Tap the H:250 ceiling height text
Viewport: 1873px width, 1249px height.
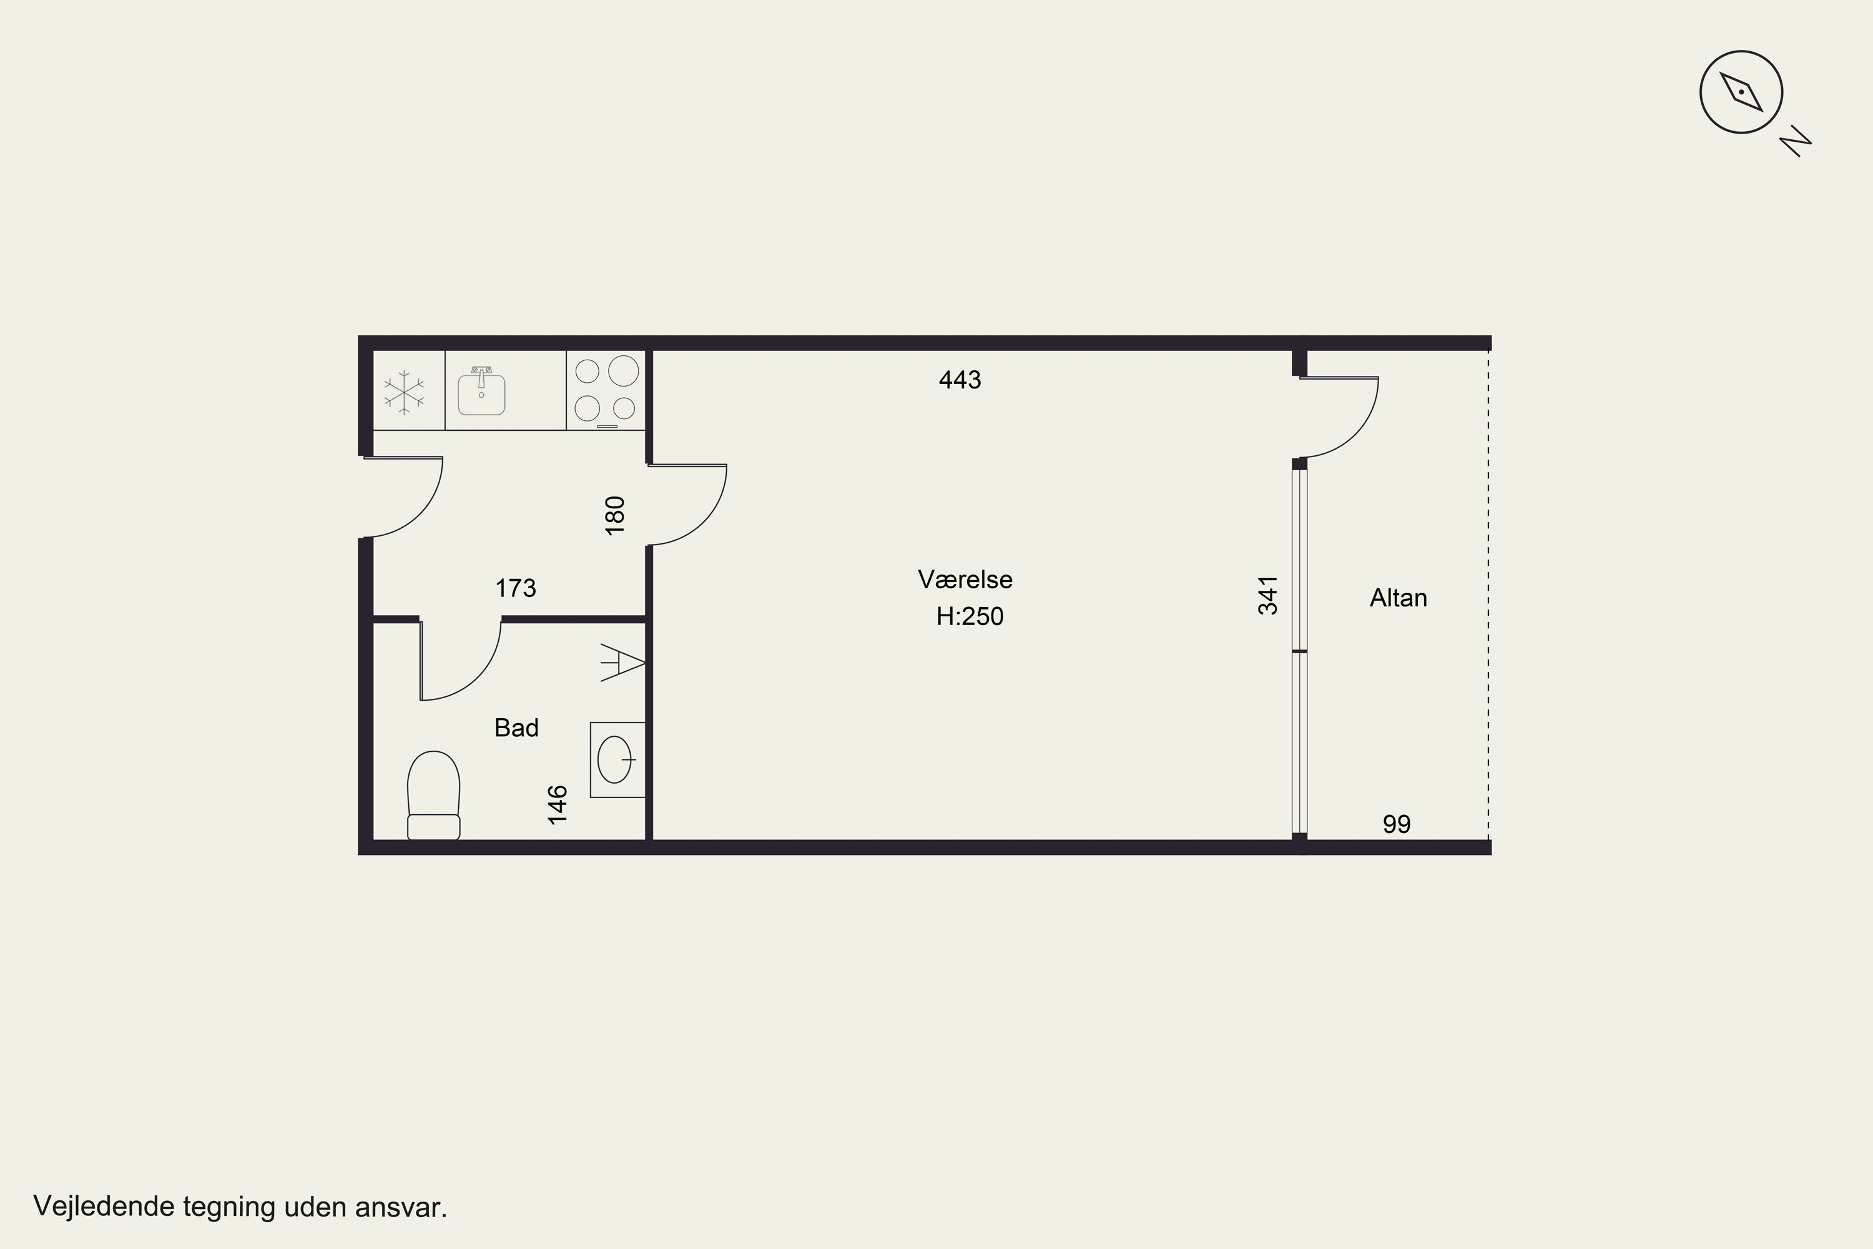[x=970, y=616]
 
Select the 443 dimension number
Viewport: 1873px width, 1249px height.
[x=960, y=380]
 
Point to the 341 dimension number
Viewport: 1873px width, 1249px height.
[x=1268, y=595]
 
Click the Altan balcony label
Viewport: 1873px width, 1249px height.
[x=1399, y=598]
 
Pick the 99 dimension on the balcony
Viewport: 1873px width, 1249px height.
[x=1397, y=824]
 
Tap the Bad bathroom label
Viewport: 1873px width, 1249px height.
[x=517, y=728]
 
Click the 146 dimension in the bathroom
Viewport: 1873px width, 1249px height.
[x=558, y=804]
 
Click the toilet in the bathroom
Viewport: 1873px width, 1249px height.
[x=433, y=795]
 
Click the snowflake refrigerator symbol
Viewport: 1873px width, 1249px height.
[x=404, y=392]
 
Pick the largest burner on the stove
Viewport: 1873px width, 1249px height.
[x=624, y=371]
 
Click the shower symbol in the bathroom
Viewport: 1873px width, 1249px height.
[x=622, y=662]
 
